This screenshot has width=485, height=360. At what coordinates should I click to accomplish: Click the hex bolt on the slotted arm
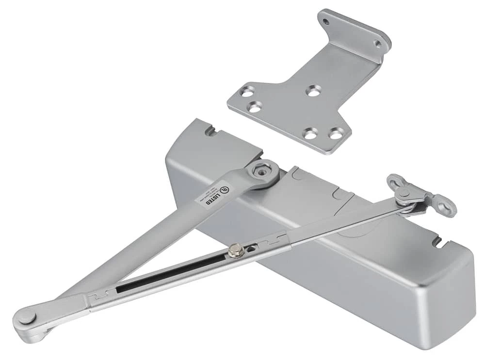coord(236,250)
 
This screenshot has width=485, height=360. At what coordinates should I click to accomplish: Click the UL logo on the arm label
coord(224,187)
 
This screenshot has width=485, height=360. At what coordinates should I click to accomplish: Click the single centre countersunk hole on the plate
coord(313,90)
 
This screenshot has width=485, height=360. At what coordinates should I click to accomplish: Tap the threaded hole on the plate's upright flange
coord(378,43)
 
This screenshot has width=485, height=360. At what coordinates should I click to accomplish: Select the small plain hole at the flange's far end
coord(326,22)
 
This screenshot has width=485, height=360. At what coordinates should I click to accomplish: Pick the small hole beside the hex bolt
coord(251,249)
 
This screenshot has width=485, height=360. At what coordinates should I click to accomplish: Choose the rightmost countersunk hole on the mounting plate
coord(337,132)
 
